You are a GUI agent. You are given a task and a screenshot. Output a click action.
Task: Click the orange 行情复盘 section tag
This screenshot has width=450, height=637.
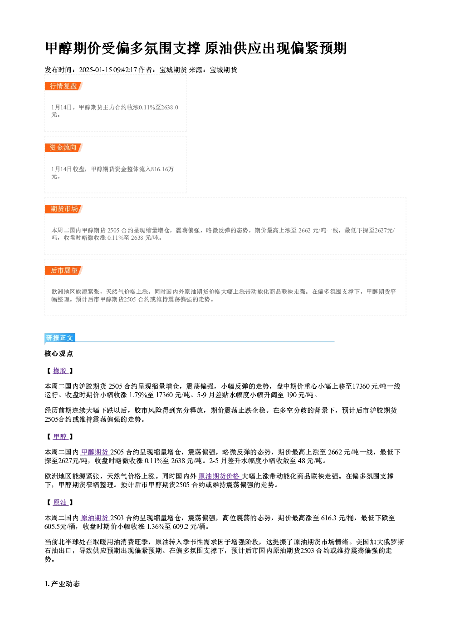pyautogui.click(x=64, y=86)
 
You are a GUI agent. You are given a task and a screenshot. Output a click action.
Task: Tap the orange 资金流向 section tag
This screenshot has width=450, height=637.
pyautogui.click(x=64, y=148)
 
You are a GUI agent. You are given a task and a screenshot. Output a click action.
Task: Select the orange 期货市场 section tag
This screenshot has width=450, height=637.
pyautogui.click(x=64, y=209)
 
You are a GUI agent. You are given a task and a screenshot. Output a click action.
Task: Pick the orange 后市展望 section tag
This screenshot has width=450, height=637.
pyautogui.click(x=64, y=271)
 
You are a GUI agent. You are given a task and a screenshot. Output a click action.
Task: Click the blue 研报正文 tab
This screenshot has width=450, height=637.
pyautogui.click(x=60, y=337)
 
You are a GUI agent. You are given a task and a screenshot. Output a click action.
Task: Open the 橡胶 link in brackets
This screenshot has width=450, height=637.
pyautogui.click(x=60, y=370)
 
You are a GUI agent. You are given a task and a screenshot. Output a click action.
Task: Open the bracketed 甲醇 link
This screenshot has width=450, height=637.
pyautogui.click(x=60, y=436)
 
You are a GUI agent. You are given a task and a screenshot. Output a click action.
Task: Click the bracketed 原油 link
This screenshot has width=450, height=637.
pyautogui.click(x=60, y=503)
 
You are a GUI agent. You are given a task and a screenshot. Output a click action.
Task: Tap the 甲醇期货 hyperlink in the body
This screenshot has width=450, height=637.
pyautogui.click(x=95, y=452)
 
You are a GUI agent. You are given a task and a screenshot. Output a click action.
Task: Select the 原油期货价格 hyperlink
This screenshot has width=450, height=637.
pyautogui.click(x=219, y=476)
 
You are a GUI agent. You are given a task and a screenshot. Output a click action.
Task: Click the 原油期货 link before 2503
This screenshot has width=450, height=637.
pyautogui.click(x=95, y=518)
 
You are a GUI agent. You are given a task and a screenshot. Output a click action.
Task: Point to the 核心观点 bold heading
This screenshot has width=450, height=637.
pyautogui.click(x=59, y=354)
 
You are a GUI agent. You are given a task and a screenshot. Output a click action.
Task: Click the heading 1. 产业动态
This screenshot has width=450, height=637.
pyautogui.click(x=62, y=584)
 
